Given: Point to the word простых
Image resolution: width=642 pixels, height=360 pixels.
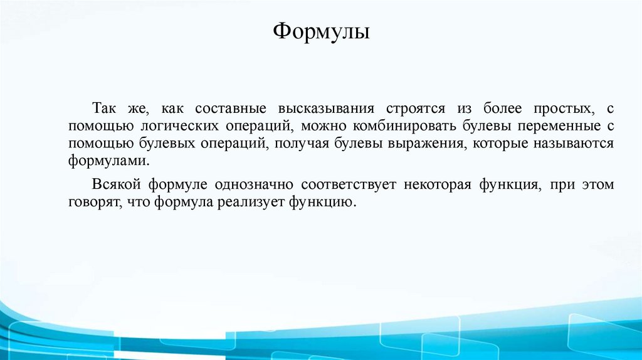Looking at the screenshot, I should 562,109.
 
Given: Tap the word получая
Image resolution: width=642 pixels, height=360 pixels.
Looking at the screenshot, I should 297,144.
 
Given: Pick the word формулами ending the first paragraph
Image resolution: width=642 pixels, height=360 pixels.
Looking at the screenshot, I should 109,161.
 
